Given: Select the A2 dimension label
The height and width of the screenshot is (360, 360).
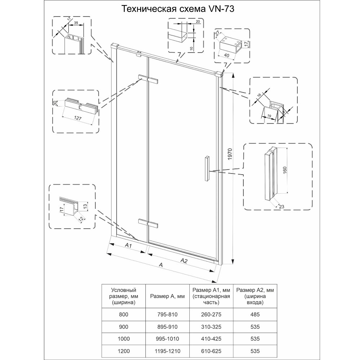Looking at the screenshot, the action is [184, 261].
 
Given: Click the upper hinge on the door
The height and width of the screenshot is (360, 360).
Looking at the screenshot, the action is [148, 78].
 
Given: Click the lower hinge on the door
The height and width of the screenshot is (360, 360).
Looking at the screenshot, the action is [148, 223].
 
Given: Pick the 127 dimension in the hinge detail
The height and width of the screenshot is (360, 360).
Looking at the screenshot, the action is [78, 118].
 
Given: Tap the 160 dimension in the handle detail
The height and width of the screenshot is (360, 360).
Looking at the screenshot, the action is [285, 170].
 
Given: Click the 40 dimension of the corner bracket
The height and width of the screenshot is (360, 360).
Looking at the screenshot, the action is [226, 55].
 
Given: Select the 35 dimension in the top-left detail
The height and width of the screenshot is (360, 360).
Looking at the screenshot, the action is [76, 22].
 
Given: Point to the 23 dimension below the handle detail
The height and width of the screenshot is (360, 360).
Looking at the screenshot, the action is [282, 207].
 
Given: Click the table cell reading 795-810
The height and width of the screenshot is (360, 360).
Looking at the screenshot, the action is [167, 314].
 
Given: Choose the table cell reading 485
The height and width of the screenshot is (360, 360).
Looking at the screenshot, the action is [255, 314].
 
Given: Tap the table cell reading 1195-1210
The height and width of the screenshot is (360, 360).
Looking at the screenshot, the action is [167, 351].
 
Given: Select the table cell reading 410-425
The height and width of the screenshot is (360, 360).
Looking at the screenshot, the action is [211, 339].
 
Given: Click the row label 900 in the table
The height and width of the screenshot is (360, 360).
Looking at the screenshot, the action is [123, 327].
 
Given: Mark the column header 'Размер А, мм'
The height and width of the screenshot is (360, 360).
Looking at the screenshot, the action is [167, 296].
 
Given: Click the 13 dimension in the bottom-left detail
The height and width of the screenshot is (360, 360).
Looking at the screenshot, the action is [85, 205].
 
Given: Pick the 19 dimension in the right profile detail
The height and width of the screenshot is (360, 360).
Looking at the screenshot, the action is [269, 116].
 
